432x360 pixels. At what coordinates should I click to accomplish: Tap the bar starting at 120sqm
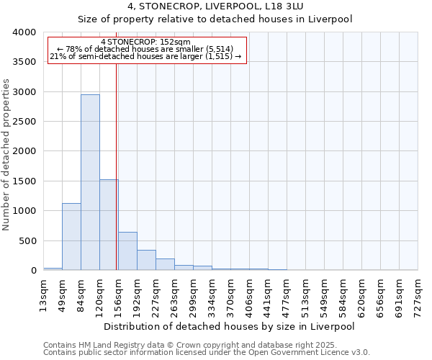point(109,225)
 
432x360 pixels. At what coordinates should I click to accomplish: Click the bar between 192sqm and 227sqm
point(146,260)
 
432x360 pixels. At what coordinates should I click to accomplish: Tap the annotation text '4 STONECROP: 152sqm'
point(146,42)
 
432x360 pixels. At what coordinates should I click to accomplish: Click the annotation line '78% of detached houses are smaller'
point(146,49)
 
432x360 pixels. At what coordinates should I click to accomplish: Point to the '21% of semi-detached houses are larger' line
point(146,56)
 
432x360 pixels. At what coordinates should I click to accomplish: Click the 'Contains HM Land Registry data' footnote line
point(206,345)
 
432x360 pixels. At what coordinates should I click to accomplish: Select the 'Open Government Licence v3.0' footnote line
point(206,353)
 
